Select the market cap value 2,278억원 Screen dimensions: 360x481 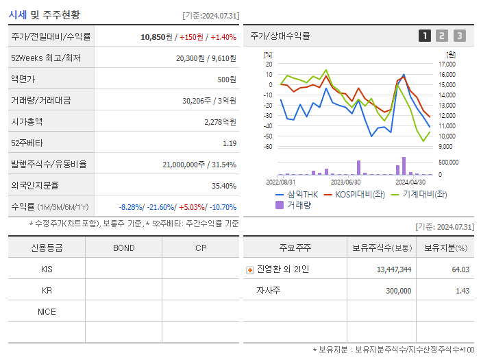coord(220,122)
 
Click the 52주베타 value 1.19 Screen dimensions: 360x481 coord(230,143)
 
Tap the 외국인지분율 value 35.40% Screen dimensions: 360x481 coord(223,186)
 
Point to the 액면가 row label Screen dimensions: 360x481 coord(25,80)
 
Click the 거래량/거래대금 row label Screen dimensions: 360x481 coord(40,101)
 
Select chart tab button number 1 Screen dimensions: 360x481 coord(425,36)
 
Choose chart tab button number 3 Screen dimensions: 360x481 coord(459,36)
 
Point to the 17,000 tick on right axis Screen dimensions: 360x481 coord(447,64)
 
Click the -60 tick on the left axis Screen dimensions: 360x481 coord(268,146)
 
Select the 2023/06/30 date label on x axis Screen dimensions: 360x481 coord(345,182)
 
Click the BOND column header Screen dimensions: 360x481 coord(124,248)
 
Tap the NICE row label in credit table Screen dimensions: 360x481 coord(47,311)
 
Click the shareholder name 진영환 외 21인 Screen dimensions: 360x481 coord(282,269)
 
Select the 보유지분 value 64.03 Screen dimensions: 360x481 coord(460,269)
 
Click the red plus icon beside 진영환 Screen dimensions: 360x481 coord(250,270)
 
